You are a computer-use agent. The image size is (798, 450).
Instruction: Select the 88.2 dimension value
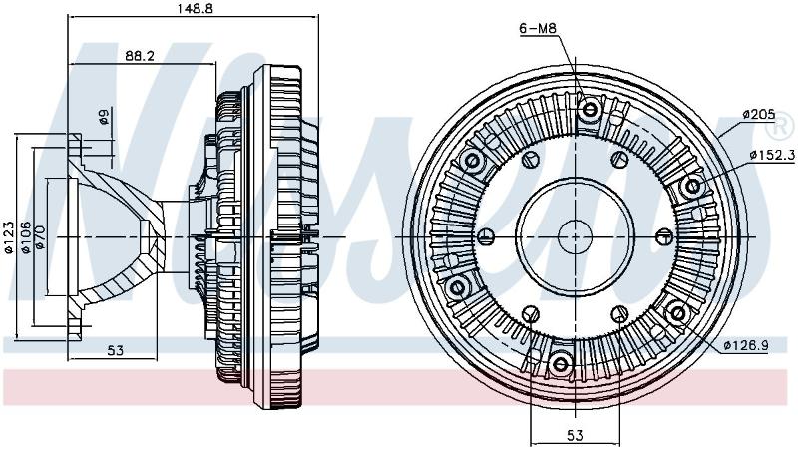click(x=140, y=56)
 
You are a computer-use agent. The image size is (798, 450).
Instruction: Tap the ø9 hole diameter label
click(x=104, y=117)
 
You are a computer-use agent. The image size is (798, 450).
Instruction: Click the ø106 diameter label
click(x=25, y=236)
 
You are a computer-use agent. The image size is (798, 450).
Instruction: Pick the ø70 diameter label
click(x=40, y=237)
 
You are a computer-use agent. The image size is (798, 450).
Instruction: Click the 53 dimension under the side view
click(x=116, y=351)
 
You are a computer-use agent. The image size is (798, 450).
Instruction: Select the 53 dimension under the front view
click(x=575, y=436)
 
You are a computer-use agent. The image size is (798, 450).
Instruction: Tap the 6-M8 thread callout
click(x=538, y=29)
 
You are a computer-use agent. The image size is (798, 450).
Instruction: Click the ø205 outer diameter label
click(x=758, y=114)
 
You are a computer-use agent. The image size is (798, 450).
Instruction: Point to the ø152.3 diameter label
click(x=771, y=155)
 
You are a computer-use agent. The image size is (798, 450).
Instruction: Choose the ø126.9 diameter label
click(x=746, y=346)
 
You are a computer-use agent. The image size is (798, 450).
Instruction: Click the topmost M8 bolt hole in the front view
click(x=590, y=109)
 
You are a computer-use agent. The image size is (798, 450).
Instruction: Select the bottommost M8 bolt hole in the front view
click(x=560, y=364)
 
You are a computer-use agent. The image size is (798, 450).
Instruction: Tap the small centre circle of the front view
click(x=575, y=236)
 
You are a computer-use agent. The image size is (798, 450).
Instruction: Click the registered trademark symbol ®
click(x=783, y=126)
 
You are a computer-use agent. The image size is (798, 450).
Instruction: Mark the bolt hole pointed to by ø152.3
click(x=692, y=187)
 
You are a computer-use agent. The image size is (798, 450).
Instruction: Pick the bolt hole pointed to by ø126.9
click(x=677, y=313)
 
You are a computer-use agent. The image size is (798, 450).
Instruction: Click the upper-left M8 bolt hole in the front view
click(x=472, y=161)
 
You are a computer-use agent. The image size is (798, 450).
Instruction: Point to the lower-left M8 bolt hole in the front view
click(x=457, y=287)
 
